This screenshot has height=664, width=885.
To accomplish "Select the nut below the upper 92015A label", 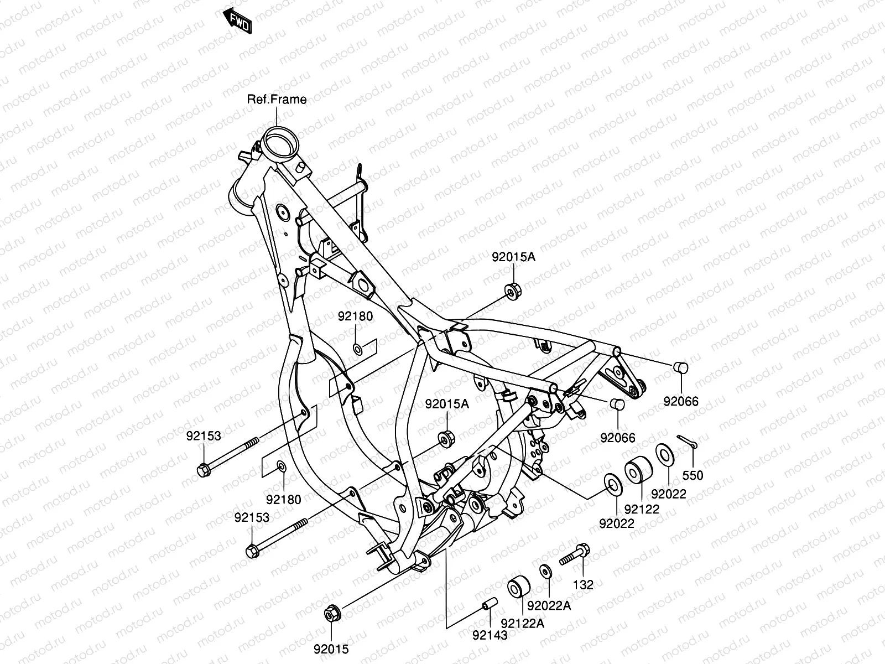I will pyautogui.click(x=512, y=290).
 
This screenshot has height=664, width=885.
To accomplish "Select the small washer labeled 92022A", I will pyautogui.click(x=545, y=570).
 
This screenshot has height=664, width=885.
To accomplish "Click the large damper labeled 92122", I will pyautogui.click(x=638, y=470).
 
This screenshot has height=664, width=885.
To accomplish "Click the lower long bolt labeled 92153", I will pyautogui.click(x=277, y=537).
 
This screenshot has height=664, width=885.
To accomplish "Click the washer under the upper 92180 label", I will pyautogui.click(x=357, y=349).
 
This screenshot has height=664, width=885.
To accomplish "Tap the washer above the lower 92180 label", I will pyautogui.click(x=281, y=466).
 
